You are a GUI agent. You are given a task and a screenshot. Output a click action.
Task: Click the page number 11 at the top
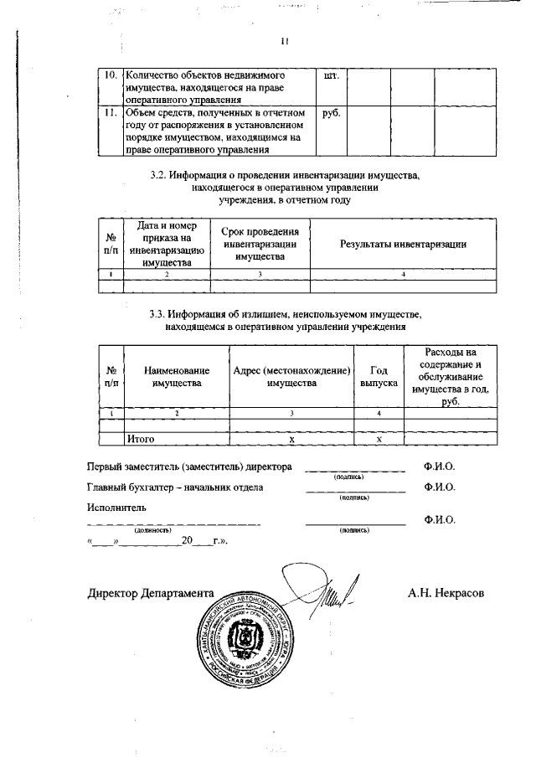click(x=285, y=41)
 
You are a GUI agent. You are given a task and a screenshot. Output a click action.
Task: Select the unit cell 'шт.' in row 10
click(x=329, y=76)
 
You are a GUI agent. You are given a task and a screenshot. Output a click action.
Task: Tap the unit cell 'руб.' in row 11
click(x=329, y=113)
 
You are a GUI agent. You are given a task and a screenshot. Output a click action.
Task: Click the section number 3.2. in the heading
click(x=157, y=177)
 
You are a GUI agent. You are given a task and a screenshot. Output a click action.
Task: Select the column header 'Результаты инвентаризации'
click(x=403, y=244)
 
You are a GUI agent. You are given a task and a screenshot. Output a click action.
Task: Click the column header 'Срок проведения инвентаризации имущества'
click(x=260, y=244)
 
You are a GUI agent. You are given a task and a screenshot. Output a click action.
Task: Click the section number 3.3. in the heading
click(x=157, y=315)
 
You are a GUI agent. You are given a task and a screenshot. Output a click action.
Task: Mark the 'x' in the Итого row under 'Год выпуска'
click(x=379, y=438)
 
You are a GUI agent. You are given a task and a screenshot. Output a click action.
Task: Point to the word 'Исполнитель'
click(x=116, y=507)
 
